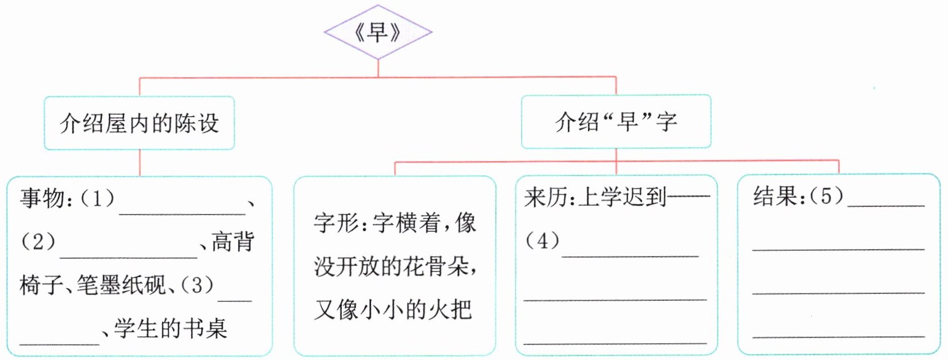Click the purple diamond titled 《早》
[378, 32]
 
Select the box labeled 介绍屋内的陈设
[139, 123]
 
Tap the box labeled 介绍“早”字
[616, 122]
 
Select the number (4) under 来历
[542, 240]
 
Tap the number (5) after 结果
[827, 197]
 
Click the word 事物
[43, 198]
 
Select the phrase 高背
[233, 242]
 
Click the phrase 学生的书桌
[170, 328]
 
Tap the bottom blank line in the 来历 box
[615, 342]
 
